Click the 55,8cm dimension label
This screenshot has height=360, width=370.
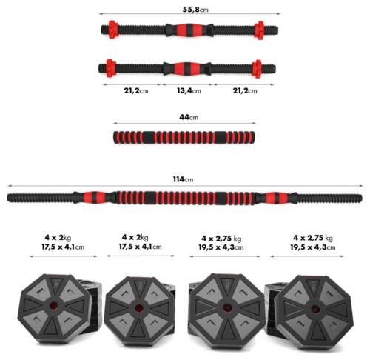coord(195,10)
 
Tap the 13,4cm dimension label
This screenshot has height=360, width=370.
coord(189,91)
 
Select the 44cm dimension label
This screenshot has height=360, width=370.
coord(189,117)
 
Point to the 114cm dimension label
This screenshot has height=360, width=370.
coord(183,179)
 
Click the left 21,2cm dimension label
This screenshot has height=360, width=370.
coord(136,91)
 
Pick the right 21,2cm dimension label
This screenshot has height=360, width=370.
coord(245,91)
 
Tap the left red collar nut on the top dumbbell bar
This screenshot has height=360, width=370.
coord(113,30)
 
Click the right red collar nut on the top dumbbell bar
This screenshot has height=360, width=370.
coord(259,30)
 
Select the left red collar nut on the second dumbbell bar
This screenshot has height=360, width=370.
coord(111,68)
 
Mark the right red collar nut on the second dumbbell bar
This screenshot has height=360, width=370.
coord(257,69)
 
